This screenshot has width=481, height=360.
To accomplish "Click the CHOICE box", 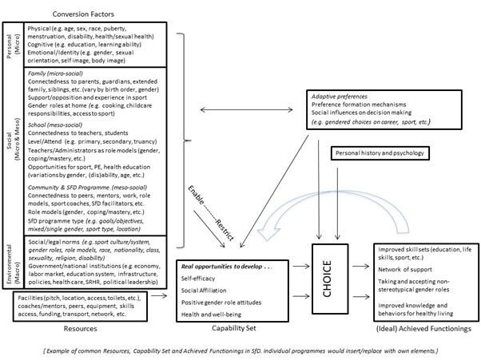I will tap(325, 281).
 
